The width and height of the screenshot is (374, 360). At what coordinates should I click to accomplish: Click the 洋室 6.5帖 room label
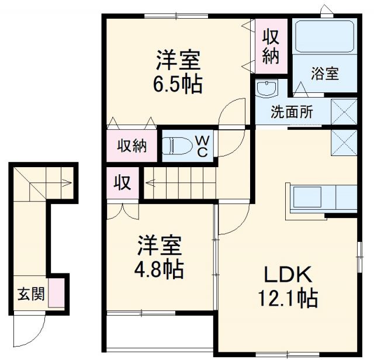178,72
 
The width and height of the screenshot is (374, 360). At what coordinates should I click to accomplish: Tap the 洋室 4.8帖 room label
160,257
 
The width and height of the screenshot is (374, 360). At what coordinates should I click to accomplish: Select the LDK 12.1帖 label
288,286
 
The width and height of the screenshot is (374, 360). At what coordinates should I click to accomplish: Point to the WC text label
201,146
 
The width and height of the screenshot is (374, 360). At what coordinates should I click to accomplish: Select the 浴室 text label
325,74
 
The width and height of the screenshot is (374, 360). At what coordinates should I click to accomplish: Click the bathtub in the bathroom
324,38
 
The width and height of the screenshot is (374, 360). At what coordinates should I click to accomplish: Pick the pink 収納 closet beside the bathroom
270,46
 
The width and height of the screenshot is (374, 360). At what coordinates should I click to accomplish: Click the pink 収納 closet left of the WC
131,146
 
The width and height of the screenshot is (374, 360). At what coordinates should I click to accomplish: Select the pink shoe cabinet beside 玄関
56,293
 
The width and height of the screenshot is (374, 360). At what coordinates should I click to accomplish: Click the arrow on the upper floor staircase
148,182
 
